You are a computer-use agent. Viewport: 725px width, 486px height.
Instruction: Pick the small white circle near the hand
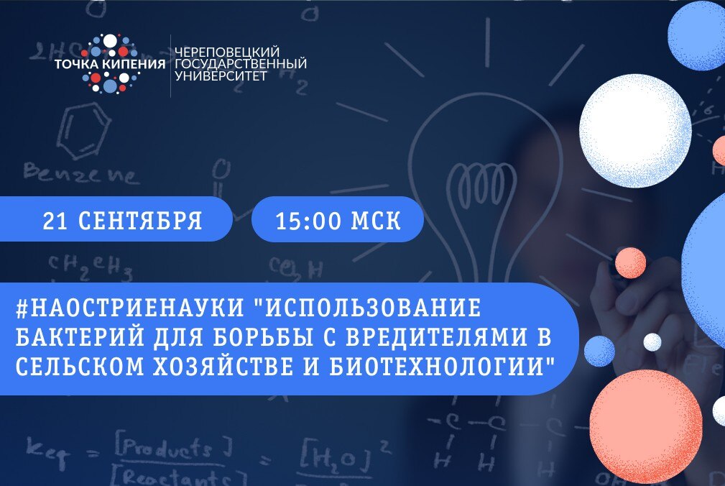click(x=652, y=341)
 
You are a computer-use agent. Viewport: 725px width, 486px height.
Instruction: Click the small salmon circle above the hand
click(x=630, y=262)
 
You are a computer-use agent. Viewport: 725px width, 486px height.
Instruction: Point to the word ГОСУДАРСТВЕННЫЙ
click(x=241, y=63)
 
